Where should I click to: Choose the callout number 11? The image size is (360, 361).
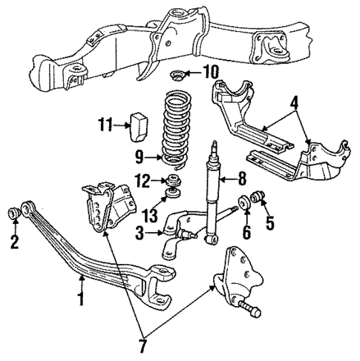[x=105, y=127]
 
